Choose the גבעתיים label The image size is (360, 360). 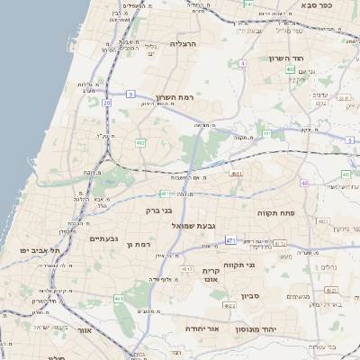pos(105,238)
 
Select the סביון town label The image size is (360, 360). pos(249,295)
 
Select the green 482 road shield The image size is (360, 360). pos(140,142)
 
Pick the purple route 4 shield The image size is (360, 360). pos(242,64)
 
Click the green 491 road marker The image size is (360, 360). pos(118,299)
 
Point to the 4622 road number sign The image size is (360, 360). pos(229,306)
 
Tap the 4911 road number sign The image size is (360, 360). pos(236,174)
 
